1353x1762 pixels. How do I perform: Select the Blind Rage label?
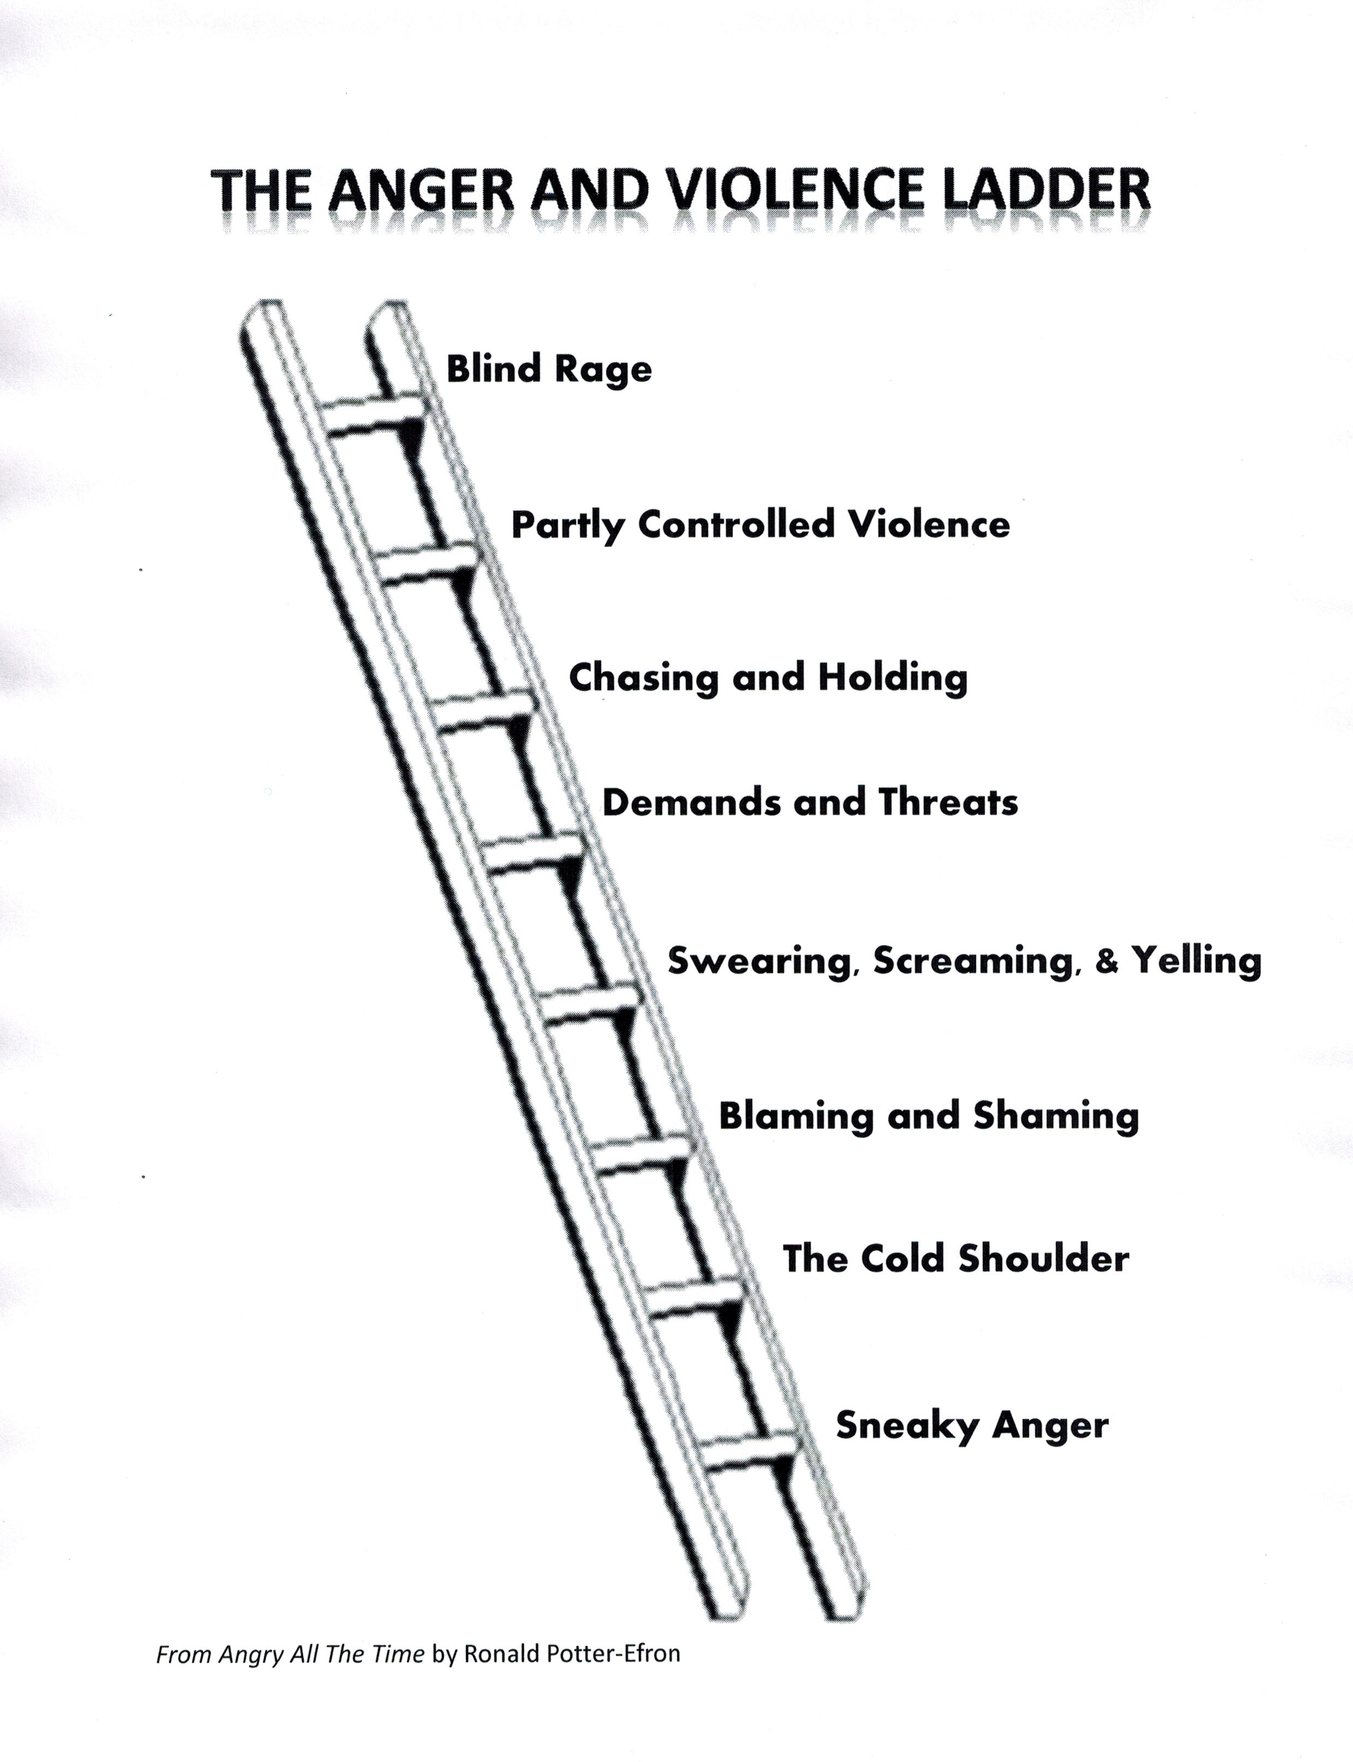pyautogui.click(x=549, y=369)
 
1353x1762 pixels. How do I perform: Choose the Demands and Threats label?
pyautogui.click(x=810, y=802)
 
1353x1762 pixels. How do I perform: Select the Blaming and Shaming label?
pyautogui.click(x=928, y=1116)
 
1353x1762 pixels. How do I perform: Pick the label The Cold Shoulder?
pyautogui.click(x=956, y=1259)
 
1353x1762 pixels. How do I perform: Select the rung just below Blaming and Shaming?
pyautogui.click(x=640, y=1154)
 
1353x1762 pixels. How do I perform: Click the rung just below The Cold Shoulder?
pyautogui.click(x=693, y=1298)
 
